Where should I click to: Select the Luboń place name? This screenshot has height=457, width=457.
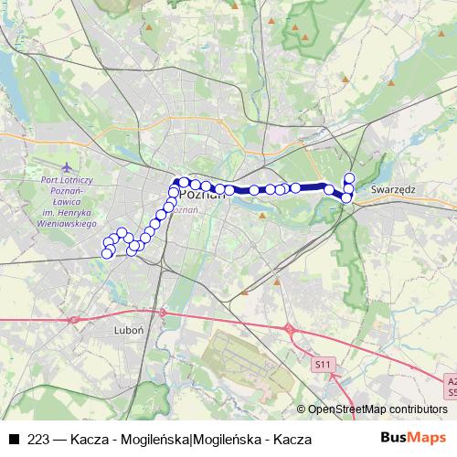[x=125, y=328]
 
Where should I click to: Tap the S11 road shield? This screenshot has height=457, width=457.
[x=321, y=364]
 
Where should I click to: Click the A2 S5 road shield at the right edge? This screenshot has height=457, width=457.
[x=452, y=387]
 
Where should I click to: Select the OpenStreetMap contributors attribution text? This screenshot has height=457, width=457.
[x=377, y=410]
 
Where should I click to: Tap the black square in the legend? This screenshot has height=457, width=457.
[x=14, y=440]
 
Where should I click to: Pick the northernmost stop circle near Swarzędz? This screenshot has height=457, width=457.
[x=349, y=176]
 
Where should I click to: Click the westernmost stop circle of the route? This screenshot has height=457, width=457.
[x=106, y=253]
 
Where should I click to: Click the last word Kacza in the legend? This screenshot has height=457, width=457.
[x=294, y=440]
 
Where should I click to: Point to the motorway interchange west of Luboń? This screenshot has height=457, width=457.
[x=71, y=320]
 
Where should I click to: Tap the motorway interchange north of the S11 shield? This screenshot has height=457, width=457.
[x=289, y=328]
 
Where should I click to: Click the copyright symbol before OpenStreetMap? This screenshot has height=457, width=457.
[x=302, y=410]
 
